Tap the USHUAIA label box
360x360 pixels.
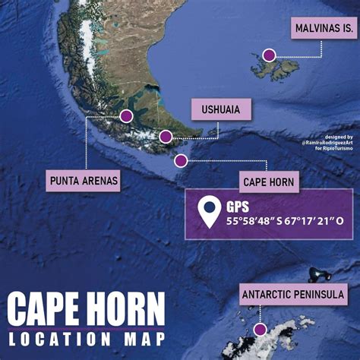point(221,109)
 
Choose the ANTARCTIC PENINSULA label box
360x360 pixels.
point(293,294)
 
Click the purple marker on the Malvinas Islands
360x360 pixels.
point(269,55)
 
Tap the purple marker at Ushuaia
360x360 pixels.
point(166,137)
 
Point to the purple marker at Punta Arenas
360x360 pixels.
point(126,116)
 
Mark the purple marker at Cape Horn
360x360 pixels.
point(181,160)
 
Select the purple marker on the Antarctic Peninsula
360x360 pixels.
point(261,330)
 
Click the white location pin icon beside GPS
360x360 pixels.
point(208,213)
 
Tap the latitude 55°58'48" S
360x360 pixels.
point(258,221)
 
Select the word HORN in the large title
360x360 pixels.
point(128,310)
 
